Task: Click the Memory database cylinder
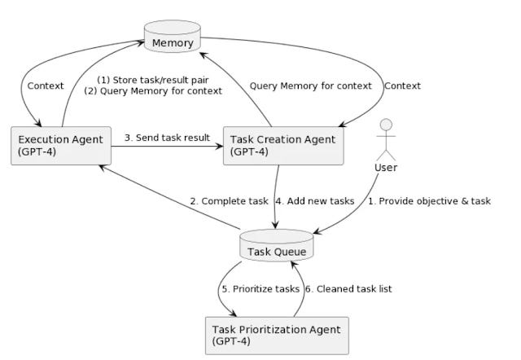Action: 172,36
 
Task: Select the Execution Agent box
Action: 61,146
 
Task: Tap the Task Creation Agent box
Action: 283,146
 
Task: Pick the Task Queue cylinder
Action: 277,245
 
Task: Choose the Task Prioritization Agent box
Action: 277,336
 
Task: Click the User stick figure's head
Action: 386,125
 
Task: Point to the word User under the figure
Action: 386,168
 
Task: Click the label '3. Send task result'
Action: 167,138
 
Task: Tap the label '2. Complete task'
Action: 230,201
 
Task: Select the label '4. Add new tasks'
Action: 315,201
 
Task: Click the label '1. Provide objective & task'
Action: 429,201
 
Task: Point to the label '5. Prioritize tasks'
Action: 260,289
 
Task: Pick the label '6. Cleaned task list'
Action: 348,289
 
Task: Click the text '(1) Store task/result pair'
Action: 153,80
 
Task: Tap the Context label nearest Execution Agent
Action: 46,86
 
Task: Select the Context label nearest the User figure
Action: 402,86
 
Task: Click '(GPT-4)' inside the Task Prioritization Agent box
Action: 231,341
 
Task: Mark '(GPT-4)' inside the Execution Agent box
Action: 37,151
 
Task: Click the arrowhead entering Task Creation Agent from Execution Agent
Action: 220,146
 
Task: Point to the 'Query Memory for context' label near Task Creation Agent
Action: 311,86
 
